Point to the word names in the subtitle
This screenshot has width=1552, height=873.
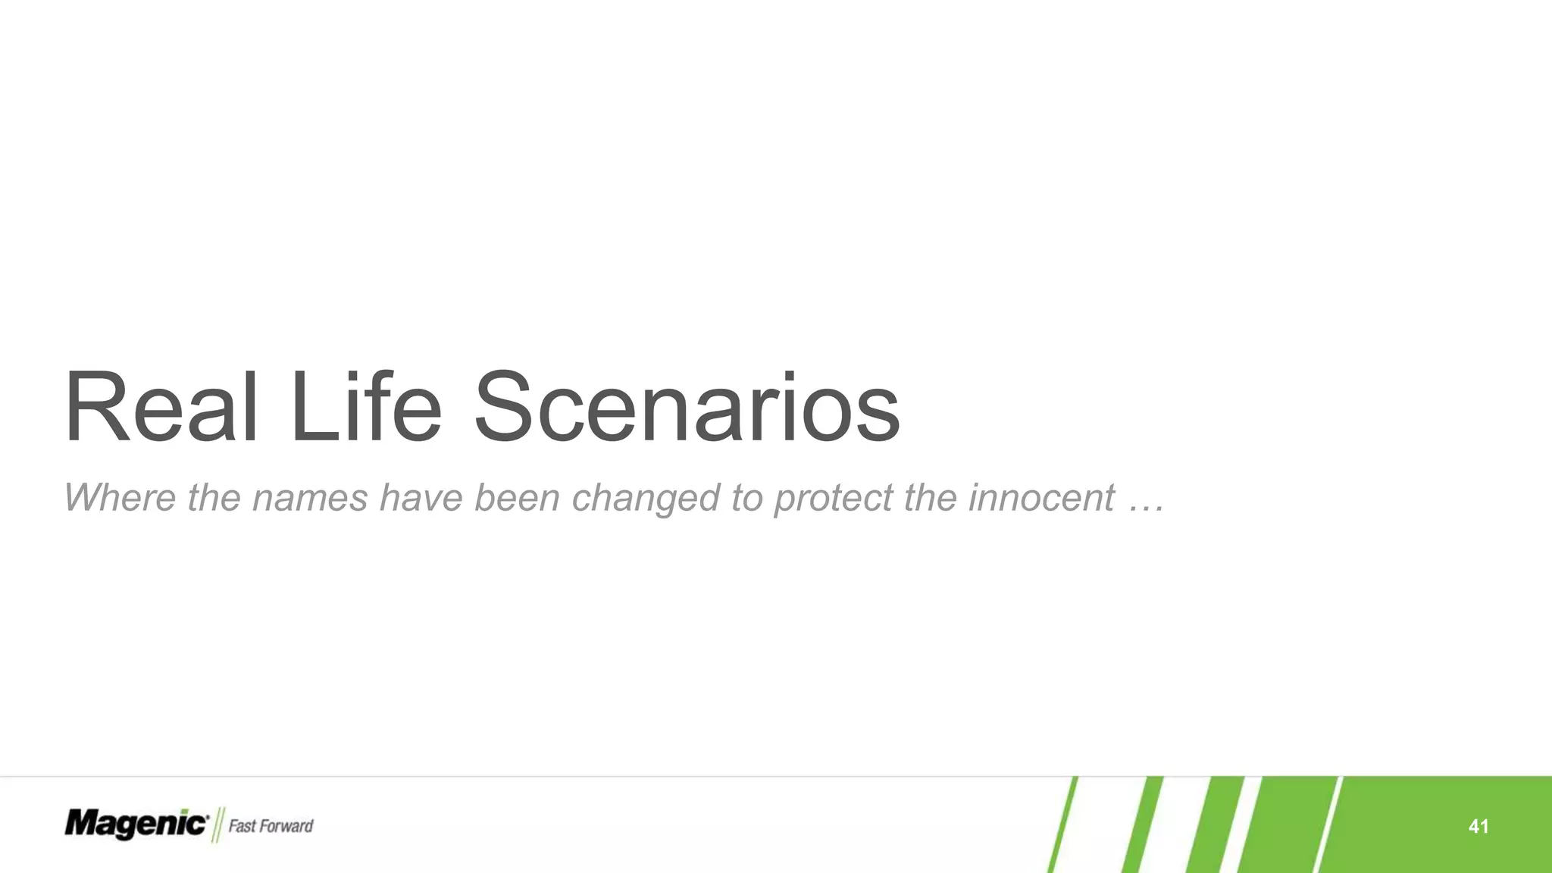click(310, 498)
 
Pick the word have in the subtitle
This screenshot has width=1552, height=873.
click(421, 498)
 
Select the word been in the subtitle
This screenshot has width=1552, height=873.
click(517, 498)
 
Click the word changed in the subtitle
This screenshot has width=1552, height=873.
click(646, 498)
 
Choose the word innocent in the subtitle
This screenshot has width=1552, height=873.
click(1040, 498)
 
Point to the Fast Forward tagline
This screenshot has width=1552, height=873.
click(271, 825)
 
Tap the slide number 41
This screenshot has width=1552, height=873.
click(1478, 826)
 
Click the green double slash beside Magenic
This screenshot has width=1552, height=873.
click(218, 824)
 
